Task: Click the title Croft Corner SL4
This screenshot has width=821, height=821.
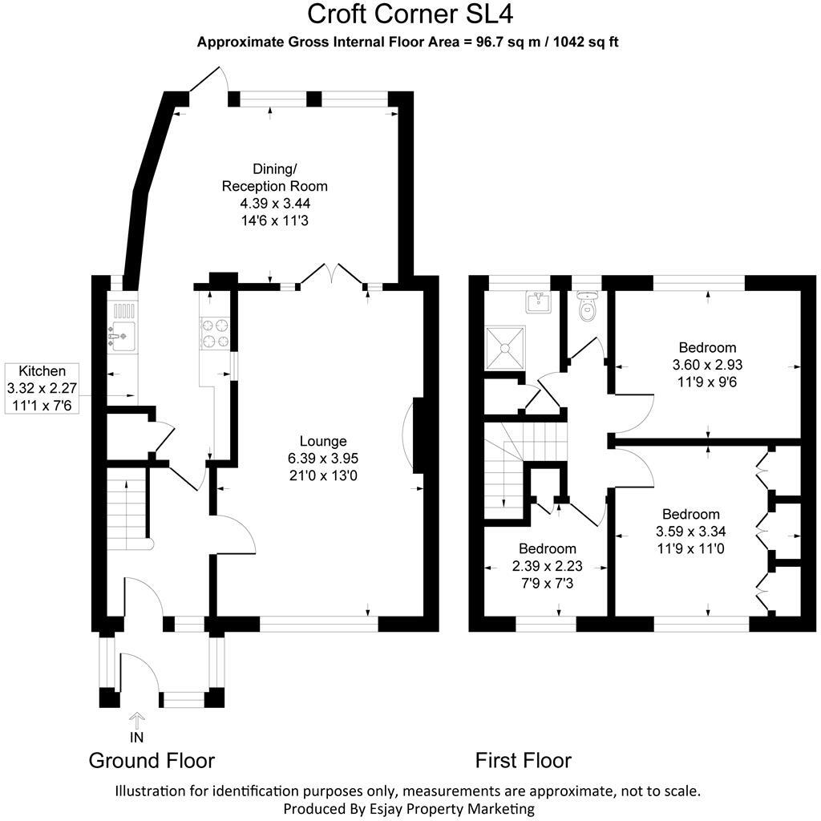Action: click(x=410, y=14)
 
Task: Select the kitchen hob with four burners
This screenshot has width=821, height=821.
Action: click(x=214, y=334)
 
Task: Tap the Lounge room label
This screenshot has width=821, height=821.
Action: click(x=322, y=441)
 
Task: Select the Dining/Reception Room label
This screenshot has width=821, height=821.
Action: click(x=275, y=177)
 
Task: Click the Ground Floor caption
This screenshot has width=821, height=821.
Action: click(x=152, y=760)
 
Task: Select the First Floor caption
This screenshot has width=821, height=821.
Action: click(x=523, y=760)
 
